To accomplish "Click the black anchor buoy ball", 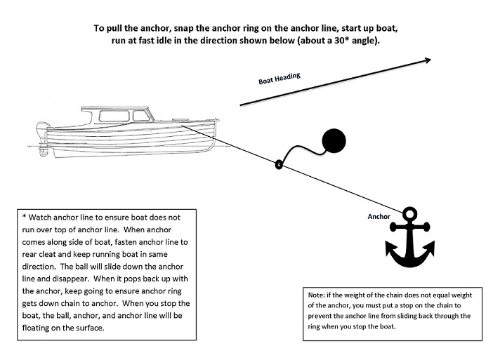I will [334, 142].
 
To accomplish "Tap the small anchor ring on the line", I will [279, 166].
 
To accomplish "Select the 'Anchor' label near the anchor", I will [379, 217].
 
